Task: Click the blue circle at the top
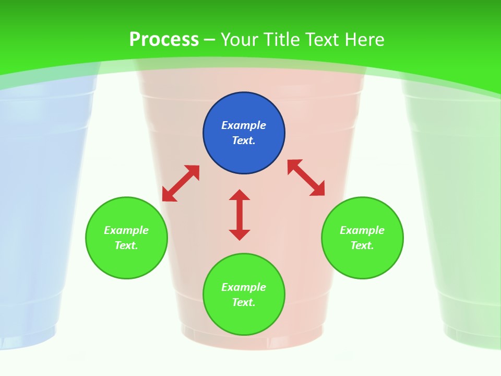pyautogui.click(x=244, y=133)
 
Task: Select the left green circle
pyautogui.click(x=126, y=238)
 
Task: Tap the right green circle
pyautogui.click(x=362, y=238)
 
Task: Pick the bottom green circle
pyautogui.click(x=244, y=295)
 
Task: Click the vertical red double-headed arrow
pyautogui.click(x=240, y=215)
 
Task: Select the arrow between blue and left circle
pyautogui.click(x=181, y=183)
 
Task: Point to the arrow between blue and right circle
pyautogui.click(x=306, y=178)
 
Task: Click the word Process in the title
pyautogui.click(x=164, y=40)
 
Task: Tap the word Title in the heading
pyautogui.click(x=282, y=40)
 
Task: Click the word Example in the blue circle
pyautogui.click(x=244, y=125)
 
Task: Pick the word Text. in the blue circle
pyautogui.click(x=244, y=140)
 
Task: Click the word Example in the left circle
pyautogui.click(x=126, y=230)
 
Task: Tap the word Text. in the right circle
pyautogui.click(x=362, y=245)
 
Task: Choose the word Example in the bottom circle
pyautogui.click(x=244, y=287)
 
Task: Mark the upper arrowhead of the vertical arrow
pyautogui.click(x=240, y=195)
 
